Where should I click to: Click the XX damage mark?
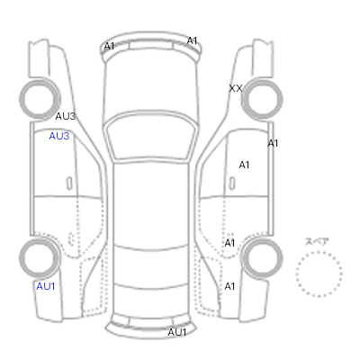tap(236, 88)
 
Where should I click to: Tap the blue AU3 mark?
tap(59, 136)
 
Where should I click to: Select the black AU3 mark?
tap(66, 116)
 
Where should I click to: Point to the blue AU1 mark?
tap(46, 286)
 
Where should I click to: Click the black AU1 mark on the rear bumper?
tap(177, 332)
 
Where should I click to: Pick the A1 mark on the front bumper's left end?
tap(109, 46)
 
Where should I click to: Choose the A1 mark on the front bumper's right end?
tap(192, 40)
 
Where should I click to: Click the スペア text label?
tap(317, 242)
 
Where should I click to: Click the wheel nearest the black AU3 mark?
tap(40, 99)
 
